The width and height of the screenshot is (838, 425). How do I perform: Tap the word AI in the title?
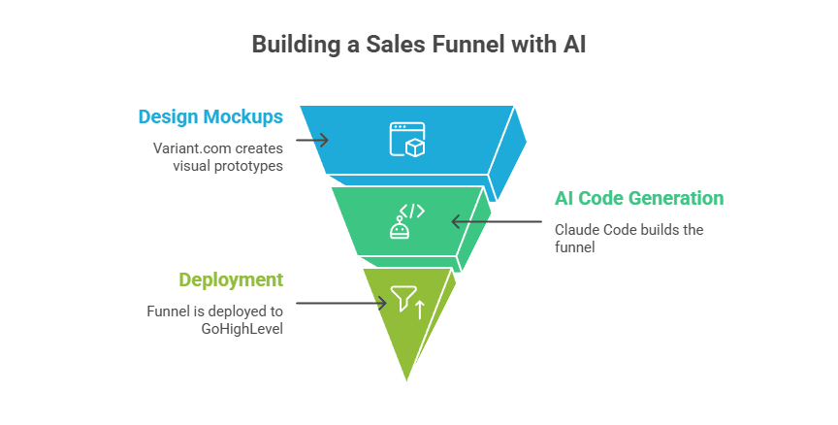pos(574,45)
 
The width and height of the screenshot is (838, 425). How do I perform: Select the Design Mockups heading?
pos(210,117)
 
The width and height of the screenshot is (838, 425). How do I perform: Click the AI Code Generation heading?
pos(638,199)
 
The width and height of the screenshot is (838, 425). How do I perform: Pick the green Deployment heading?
pos(231,280)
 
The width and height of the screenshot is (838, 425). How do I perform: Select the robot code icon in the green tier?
pos(406,221)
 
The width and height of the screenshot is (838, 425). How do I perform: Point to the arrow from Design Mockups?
pos(311,140)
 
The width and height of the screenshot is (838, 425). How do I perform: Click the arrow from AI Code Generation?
pos(498,221)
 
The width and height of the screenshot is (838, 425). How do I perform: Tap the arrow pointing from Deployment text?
pos(340,303)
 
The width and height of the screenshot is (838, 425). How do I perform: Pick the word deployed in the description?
pos(235,311)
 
